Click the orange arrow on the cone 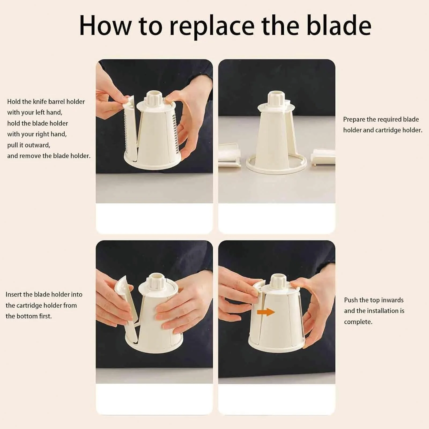pyautogui.click(x=266, y=312)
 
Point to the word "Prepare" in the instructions pyautogui.click(x=355, y=120)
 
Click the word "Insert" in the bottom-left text pyautogui.click(x=14, y=294)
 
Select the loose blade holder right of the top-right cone pyautogui.click(x=323, y=157)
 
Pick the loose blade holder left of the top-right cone pyautogui.click(x=229, y=156)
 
